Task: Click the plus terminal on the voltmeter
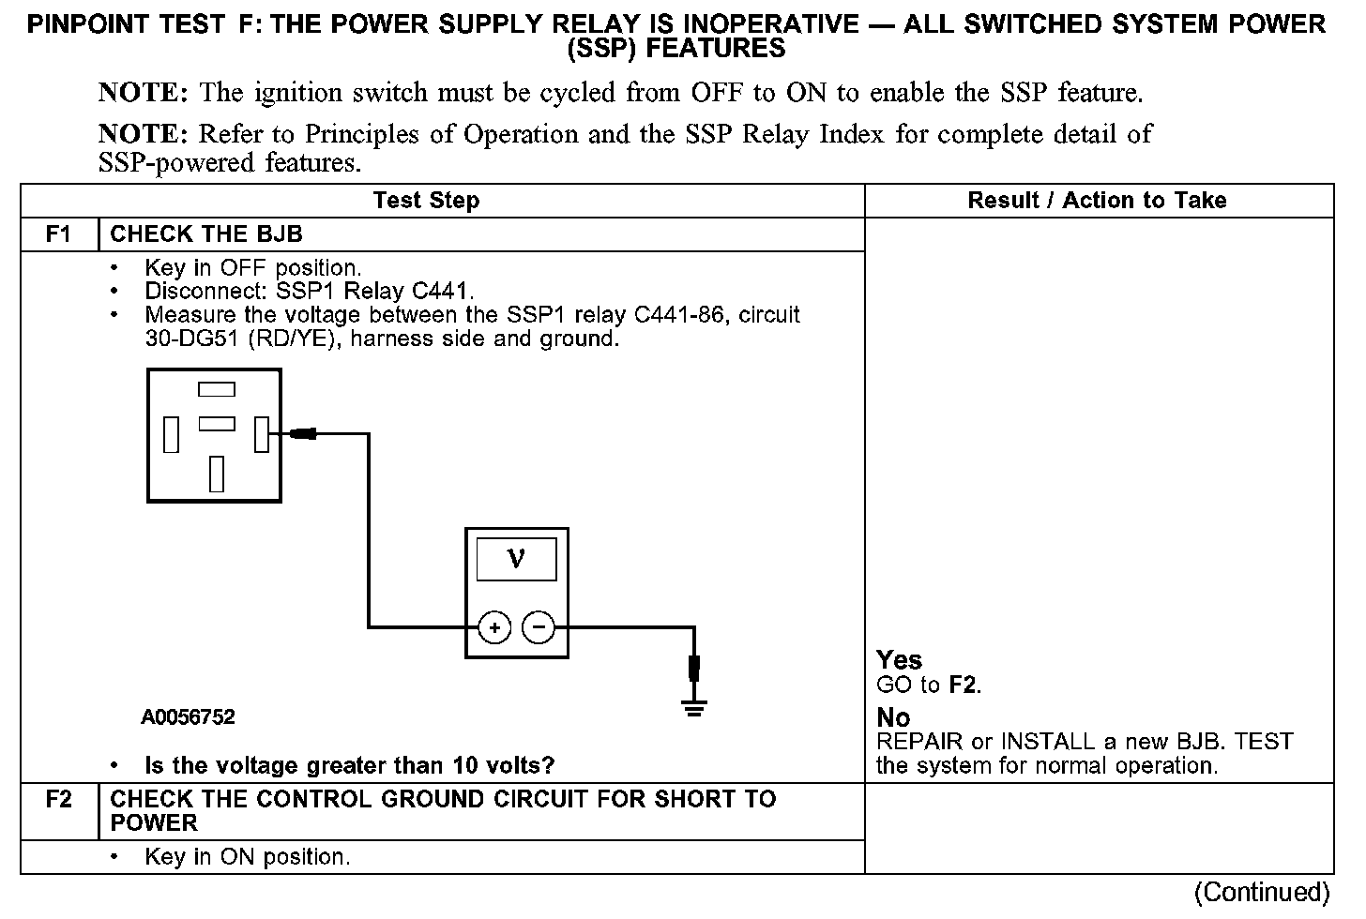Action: pyautogui.click(x=494, y=627)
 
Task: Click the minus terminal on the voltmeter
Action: pyautogui.click(x=539, y=627)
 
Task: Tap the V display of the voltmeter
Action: pyautogui.click(x=517, y=560)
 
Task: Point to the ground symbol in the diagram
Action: pyautogui.click(x=694, y=708)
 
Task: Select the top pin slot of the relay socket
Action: pyautogui.click(x=217, y=389)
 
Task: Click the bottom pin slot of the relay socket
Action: pyautogui.click(x=217, y=475)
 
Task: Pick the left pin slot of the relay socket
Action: pyautogui.click(x=172, y=434)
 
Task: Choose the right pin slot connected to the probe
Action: pyautogui.click(x=262, y=434)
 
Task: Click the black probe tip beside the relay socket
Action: pyautogui.click(x=303, y=434)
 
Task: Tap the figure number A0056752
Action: pyautogui.click(x=188, y=716)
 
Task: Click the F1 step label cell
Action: pyautogui.click(x=59, y=234)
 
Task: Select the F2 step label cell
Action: pyautogui.click(x=59, y=812)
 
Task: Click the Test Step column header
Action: pyautogui.click(x=426, y=201)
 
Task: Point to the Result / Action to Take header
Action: pyautogui.click(x=1097, y=201)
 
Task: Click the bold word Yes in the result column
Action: pyautogui.click(x=899, y=660)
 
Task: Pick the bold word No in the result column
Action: pyautogui.click(x=893, y=718)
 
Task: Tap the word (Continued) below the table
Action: pyautogui.click(x=1262, y=892)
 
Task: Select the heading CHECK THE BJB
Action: pyautogui.click(x=206, y=234)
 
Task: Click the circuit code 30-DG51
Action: pyautogui.click(x=191, y=339)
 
